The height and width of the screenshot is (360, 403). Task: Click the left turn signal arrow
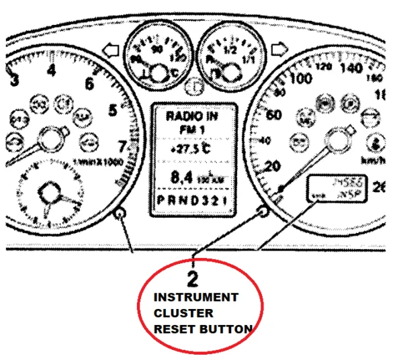[112, 50]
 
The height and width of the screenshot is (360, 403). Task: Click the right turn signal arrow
[277, 49]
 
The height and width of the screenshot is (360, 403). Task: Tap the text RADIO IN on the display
[194, 116]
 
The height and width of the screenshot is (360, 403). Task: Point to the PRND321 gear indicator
[194, 201]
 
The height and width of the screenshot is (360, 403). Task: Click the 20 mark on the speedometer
[273, 165]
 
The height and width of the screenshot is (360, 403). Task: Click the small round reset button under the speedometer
[263, 212]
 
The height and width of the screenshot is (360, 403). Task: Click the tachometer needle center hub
[48, 140]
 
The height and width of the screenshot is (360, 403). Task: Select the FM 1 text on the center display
[194, 128]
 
